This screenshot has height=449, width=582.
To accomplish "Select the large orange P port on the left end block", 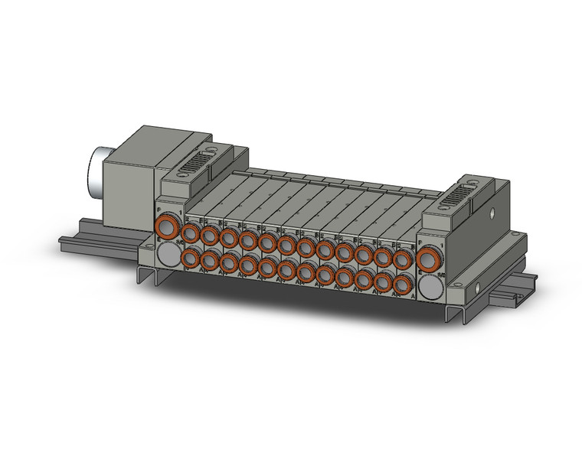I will [167, 228].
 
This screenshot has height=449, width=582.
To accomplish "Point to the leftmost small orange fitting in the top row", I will [189, 232].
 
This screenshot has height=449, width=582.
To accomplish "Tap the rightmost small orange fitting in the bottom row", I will [401, 285].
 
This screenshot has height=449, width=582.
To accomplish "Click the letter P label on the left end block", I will [159, 210].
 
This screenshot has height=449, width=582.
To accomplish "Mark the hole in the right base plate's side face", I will [479, 290].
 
